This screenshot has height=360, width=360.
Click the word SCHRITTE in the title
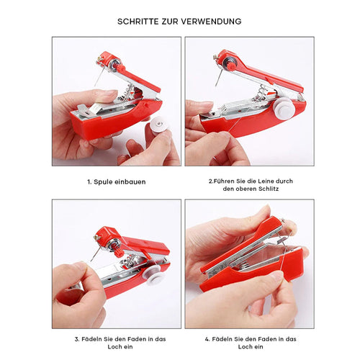pos(138,22)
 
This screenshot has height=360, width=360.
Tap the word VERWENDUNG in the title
pos(211,22)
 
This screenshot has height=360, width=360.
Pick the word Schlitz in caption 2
pos(268,189)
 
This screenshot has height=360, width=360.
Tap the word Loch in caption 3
pos(114,347)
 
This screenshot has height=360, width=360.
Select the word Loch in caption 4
pos(245,347)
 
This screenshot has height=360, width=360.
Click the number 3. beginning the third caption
pos(77,339)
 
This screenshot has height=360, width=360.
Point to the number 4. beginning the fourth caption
pos(207,339)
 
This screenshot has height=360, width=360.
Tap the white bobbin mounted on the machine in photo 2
pos(285,108)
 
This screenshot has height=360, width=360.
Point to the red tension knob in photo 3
pos(118,253)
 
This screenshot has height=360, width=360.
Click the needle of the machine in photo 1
pos(99,75)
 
